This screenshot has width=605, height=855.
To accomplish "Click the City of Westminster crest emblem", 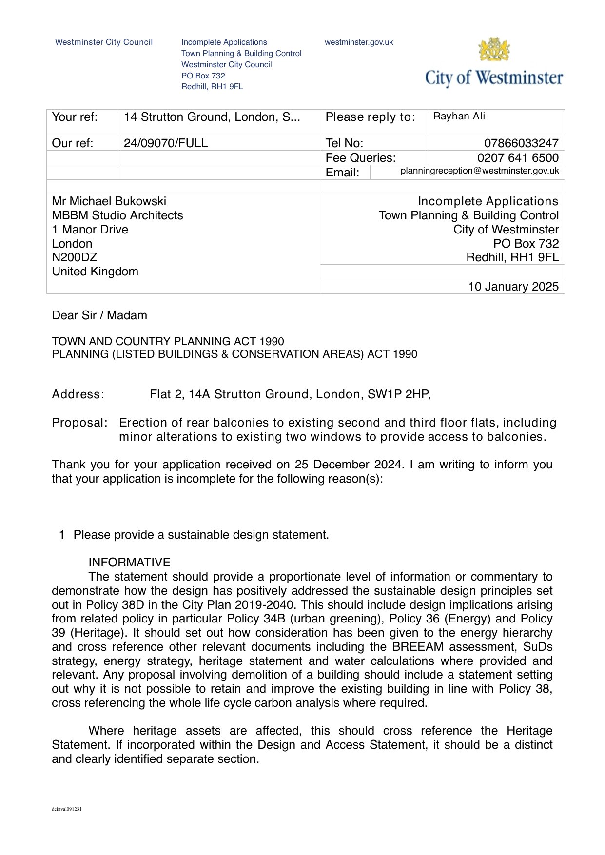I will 494,49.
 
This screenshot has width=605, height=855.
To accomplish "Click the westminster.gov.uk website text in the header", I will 359,42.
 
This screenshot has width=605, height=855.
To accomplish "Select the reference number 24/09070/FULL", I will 166,143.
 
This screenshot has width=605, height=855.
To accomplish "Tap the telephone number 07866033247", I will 521,143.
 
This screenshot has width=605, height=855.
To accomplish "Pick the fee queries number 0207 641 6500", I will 518,158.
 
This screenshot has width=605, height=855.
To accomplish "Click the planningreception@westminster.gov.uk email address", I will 480,171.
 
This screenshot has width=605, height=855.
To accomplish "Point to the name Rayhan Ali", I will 459,117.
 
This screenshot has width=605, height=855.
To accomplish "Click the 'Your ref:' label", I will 75,117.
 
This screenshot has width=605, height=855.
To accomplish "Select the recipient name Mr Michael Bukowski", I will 109,201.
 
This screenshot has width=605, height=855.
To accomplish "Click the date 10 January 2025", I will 513,287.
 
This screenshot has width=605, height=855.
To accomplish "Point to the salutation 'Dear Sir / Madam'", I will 99,315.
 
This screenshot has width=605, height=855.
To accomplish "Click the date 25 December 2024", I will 349,465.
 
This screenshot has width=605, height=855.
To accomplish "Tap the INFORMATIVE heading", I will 129,563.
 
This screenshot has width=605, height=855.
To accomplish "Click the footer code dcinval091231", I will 67,809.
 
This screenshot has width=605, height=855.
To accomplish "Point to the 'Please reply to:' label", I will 371,117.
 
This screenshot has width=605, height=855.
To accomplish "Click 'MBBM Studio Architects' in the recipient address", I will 117,215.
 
